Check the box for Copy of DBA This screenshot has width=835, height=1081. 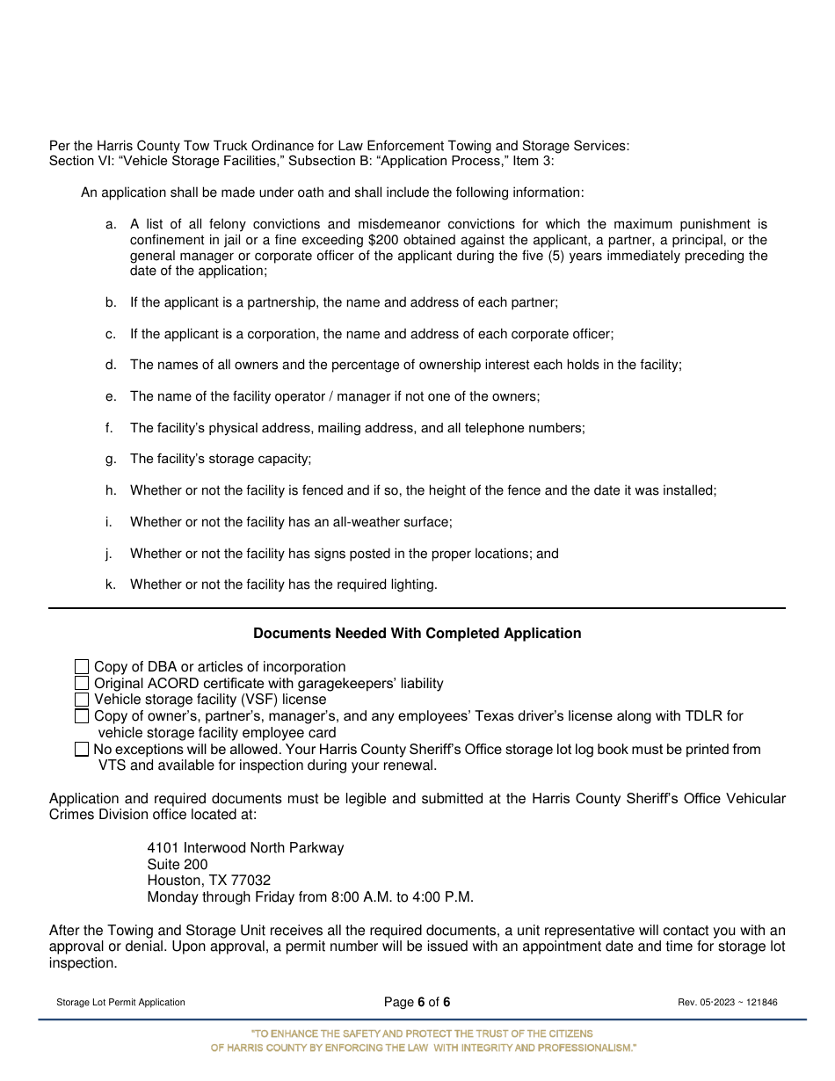(x=82, y=667)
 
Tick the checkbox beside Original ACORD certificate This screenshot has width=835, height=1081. (x=82, y=684)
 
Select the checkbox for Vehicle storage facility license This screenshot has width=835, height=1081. (x=82, y=700)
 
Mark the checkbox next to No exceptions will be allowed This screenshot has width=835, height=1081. (x=82, y=750)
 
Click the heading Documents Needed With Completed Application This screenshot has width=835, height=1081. (x=417, y=634)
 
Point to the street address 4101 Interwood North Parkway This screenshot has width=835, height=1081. (x=245, y=848)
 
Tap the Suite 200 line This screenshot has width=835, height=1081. (x=178, y=865)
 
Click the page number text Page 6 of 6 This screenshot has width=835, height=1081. (x=417, y=1003)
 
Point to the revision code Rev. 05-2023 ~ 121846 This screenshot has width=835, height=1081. (x=727, y=1003)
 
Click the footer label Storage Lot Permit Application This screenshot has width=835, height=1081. (x=120, y=1003)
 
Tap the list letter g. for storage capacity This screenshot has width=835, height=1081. (x=111, y=459)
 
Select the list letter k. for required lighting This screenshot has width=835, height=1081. (x=111, y=584)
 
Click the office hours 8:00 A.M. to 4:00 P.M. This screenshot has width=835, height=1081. (x=402, y=897)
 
